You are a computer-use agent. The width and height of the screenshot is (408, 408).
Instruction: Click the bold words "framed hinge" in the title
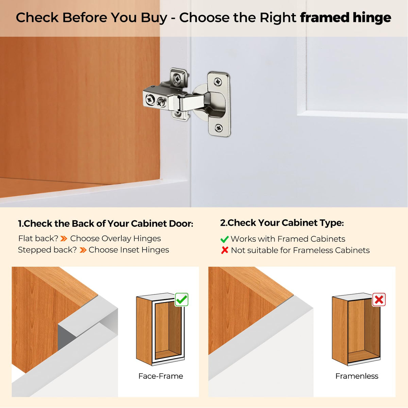345,17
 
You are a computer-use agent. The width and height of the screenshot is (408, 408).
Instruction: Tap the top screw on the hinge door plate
218,82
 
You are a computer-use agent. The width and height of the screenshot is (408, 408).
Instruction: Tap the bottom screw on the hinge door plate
219,128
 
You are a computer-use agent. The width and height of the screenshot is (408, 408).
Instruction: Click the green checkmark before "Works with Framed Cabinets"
224,239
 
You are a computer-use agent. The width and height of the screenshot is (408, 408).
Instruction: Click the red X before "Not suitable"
225,250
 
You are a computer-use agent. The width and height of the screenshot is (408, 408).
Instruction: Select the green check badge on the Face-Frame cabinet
182,300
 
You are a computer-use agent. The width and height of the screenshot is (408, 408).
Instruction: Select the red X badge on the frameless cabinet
379,300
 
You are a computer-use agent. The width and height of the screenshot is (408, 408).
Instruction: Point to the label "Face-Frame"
161,376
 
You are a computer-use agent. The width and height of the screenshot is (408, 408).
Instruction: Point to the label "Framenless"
357,376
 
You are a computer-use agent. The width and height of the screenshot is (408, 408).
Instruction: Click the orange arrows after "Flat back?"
64,239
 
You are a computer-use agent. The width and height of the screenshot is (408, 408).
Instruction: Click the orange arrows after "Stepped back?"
83,250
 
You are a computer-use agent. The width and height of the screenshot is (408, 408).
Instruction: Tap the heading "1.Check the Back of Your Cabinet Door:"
106,224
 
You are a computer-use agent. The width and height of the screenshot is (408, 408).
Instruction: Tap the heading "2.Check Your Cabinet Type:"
282,223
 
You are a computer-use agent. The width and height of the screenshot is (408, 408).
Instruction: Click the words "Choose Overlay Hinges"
115,239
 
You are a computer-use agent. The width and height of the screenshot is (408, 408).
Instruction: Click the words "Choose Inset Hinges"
129,250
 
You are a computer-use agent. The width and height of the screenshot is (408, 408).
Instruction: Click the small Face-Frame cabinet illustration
160,329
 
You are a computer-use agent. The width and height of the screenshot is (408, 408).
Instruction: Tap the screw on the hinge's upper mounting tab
177,79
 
